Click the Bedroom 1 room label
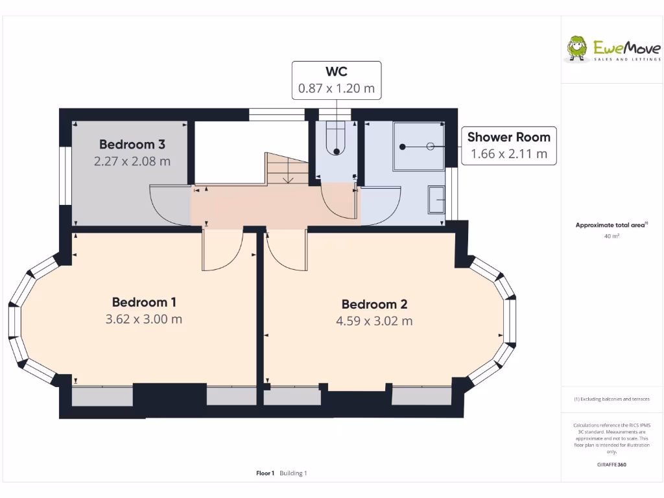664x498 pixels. tap(144, 302)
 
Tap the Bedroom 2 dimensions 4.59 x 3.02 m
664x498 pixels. tap(374, 321)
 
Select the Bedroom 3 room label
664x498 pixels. tap(132, 145)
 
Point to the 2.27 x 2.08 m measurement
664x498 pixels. tap(132, 161)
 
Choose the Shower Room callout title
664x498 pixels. tap(508, 137)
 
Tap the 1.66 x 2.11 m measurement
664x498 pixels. tap(508, 154)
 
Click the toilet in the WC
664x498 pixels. tap(336, 140)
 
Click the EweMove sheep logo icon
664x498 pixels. tap(576, 49)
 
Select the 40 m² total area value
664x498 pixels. tap(611, 236)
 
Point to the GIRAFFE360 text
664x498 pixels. tap(611, 464)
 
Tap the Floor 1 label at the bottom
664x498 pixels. tap(266, 473)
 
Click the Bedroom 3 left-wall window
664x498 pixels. tap(65, 176)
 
